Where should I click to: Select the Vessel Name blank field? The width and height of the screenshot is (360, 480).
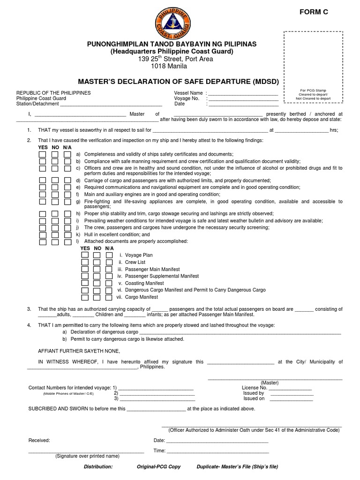pos(243,93)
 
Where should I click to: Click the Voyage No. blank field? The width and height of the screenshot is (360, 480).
pos(243,98)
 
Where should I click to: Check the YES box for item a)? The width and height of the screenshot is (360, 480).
pos(42,154)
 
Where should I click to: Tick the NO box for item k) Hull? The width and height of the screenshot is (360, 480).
pos(55,234)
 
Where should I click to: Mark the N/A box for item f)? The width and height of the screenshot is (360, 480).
pos(67,194)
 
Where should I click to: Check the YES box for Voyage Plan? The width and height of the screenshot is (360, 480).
pos(85,255)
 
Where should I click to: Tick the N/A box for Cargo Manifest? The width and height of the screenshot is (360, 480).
pos(109,297)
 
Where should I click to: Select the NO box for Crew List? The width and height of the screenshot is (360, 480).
pos(97,262)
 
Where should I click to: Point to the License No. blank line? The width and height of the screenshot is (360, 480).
pos(290,388)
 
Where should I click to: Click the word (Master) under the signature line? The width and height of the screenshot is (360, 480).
pos(270,382)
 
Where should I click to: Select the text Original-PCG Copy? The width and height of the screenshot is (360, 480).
pos(158,467)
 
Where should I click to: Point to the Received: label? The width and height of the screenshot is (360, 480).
pos(39,441)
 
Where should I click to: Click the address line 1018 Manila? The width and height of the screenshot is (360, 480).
pos(168,67)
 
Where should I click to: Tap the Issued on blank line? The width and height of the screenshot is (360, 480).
pos(292,398)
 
